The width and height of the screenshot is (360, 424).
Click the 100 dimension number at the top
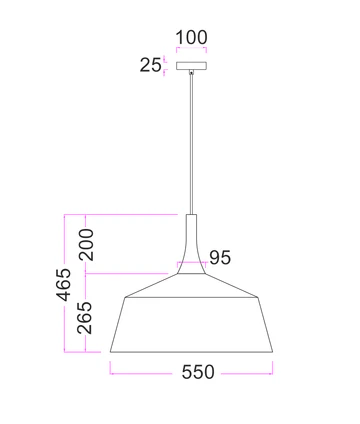click(x=191, y=38)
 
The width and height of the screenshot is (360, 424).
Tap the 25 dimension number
click(x=151, y=66)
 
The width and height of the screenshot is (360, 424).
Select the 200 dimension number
click(x=87, y=244)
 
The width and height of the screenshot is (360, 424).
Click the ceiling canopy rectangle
click(x=190, y=67)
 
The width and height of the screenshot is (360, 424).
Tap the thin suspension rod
click(x=190, y=140)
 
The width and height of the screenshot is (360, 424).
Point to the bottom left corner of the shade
click(x=110, y=351)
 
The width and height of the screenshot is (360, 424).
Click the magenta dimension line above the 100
click(x=190, y=51)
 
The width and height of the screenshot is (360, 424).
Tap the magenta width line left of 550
click(x=140, y=373)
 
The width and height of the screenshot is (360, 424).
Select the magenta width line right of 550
click(x=245, y=373)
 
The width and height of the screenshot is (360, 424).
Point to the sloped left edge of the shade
click(x=116, y=323)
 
